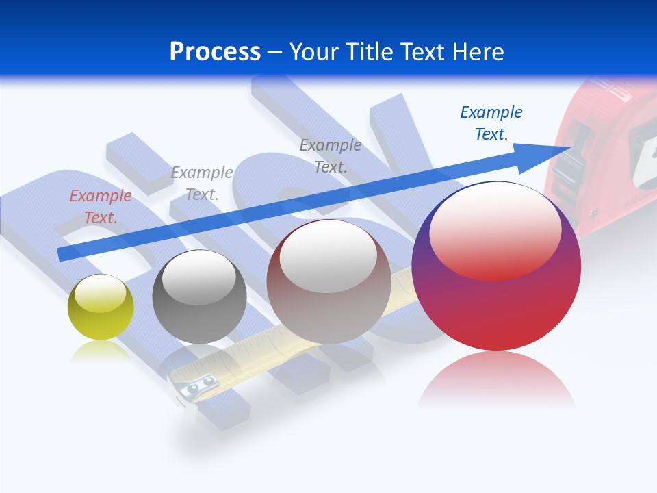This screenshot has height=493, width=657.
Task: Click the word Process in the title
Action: click(215, 52)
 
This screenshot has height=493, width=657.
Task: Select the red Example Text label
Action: click(101, 207)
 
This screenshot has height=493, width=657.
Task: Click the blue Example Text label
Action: click(491, 123)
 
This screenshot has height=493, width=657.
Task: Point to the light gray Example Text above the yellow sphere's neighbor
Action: click(202, 184)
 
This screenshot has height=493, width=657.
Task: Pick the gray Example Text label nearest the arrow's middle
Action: click(331, 155)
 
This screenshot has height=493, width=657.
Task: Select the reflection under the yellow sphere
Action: click(101, 351)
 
